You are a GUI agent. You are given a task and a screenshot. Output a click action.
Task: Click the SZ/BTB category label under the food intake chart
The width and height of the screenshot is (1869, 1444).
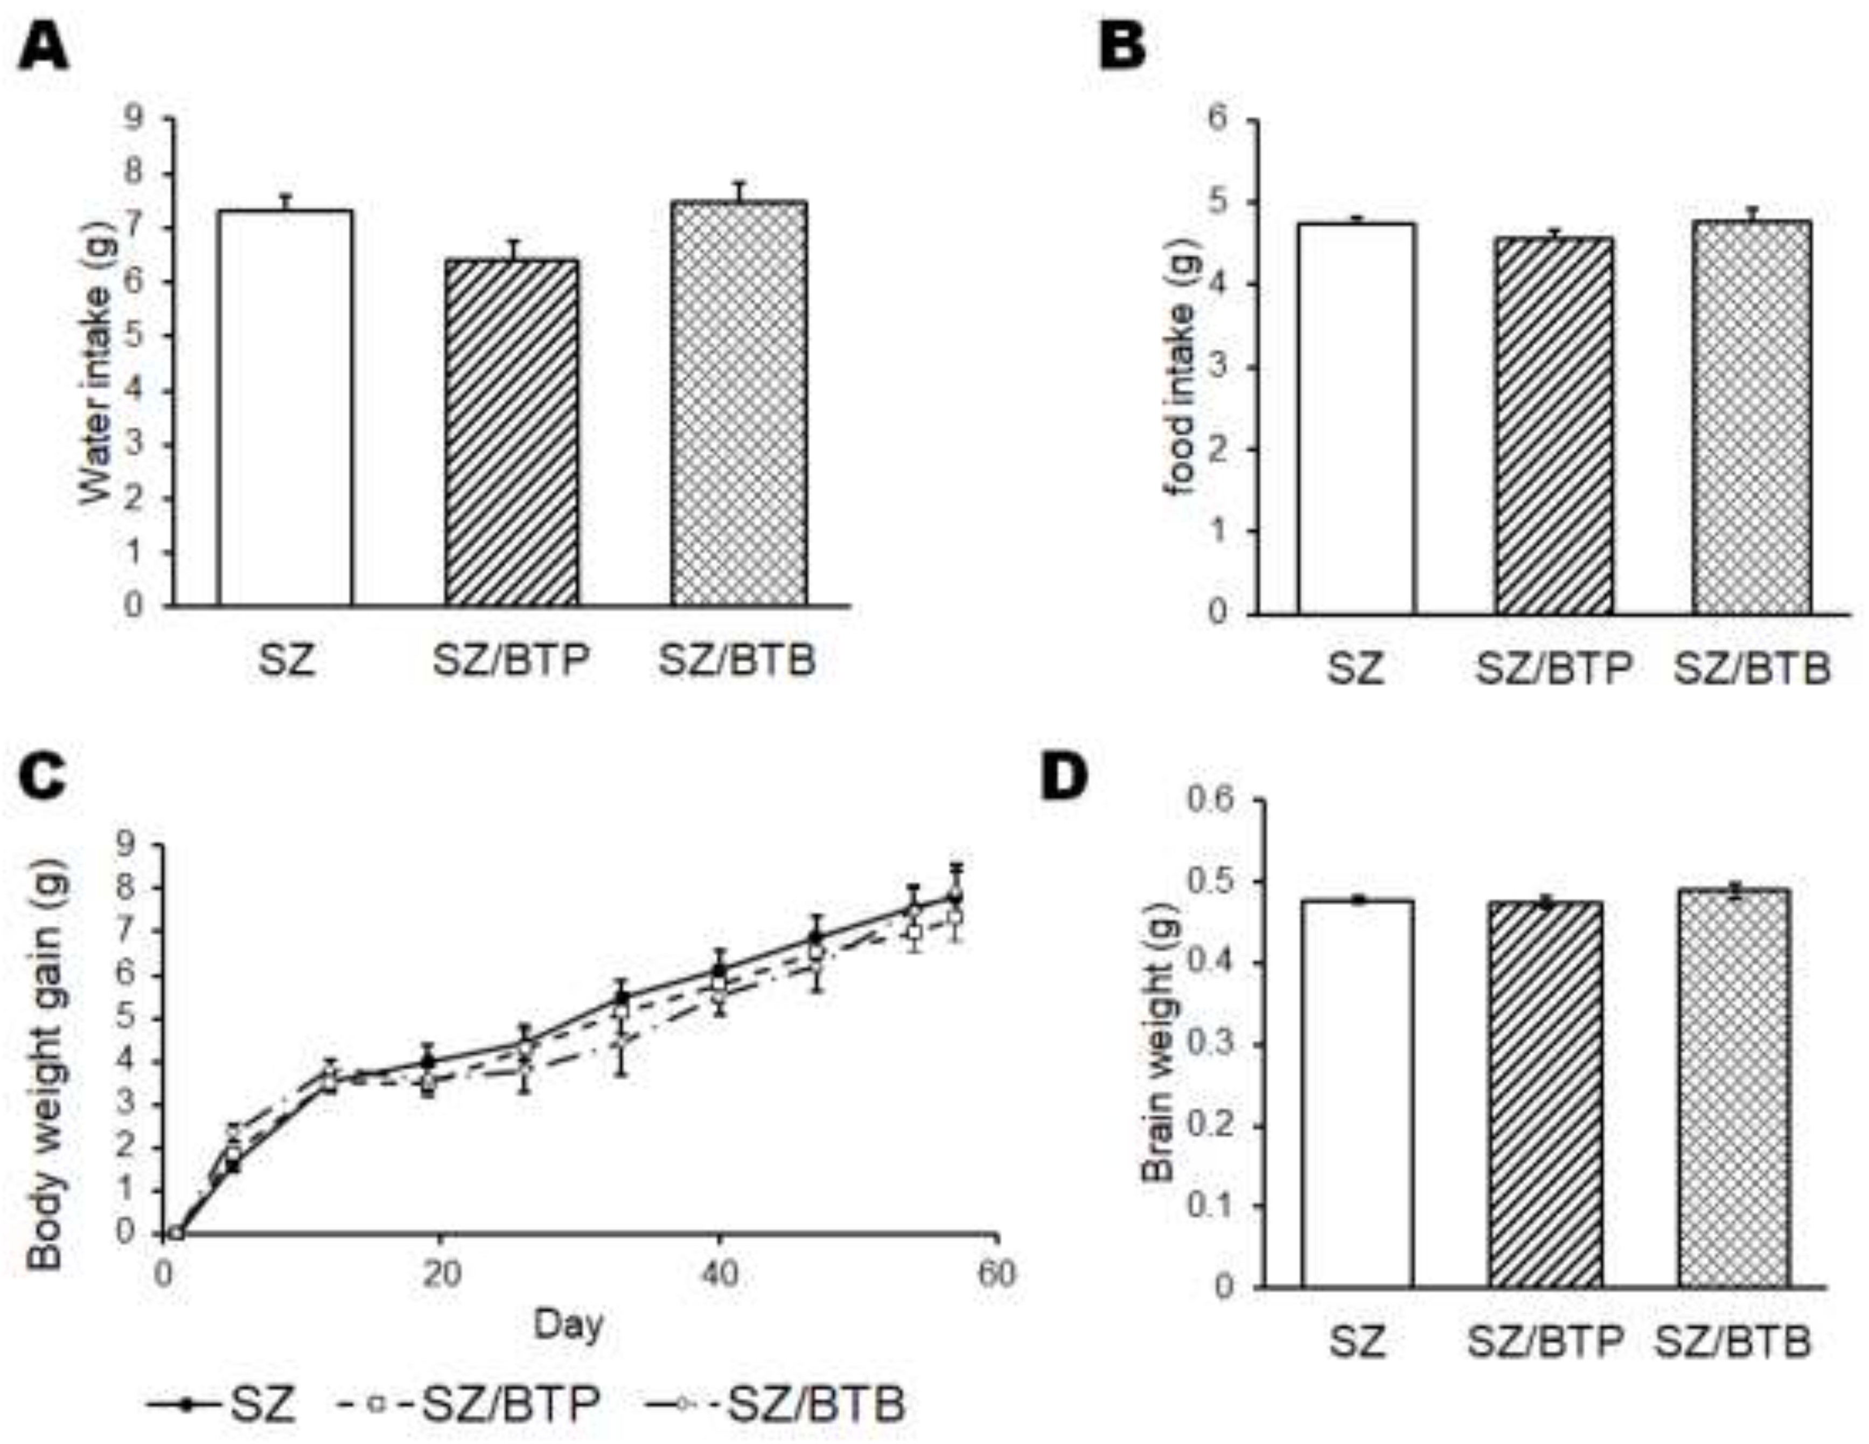coord(1751,669)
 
